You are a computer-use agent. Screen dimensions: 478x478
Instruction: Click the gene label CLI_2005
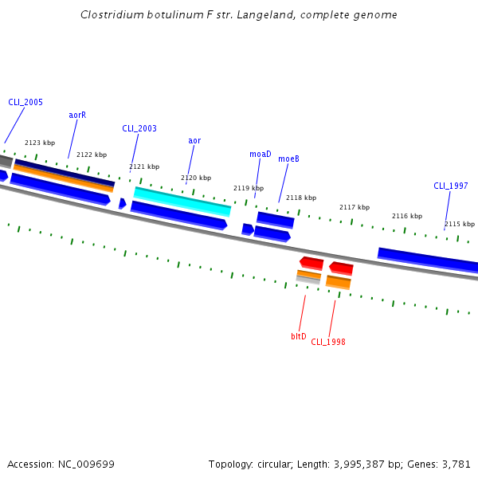pyautogui.click(x=25, y=103)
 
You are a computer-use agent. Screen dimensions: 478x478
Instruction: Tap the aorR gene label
pyautogui.click(x=77, y=115)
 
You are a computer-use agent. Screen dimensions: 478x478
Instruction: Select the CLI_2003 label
pyautogui.click(x=139, y=128)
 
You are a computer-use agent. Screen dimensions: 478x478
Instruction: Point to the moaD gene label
pyautogui.click(x=261, y=154)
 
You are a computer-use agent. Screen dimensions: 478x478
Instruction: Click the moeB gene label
pyautogui.click(x=288, y=159)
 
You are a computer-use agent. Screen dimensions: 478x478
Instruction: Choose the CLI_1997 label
pyautogui.click(x=450, y=186)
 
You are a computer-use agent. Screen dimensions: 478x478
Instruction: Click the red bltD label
pyautogui.click(x=299, y=336)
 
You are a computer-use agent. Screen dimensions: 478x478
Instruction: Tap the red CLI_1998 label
pyautogui.click(x=328, y=342)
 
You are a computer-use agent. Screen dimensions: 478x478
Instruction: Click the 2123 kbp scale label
pyautogui.click(x=40, y=143)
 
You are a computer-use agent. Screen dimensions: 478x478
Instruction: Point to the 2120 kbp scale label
pyautogui.click(x=196, y=178)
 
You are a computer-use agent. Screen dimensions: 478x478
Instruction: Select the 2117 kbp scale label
pyautogui.click(x=355, y=207)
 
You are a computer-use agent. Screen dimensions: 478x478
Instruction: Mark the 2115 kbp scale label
pyautogui.click(x=460, y=224)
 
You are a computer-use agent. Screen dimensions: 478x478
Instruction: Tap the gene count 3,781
pyautogui.click(x=456, y=464)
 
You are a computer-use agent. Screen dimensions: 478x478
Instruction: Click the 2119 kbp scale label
pyautogui.click(x=248, y=188)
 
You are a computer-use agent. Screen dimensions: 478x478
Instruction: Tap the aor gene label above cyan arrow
pyautogui.click(x=194, y=141)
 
